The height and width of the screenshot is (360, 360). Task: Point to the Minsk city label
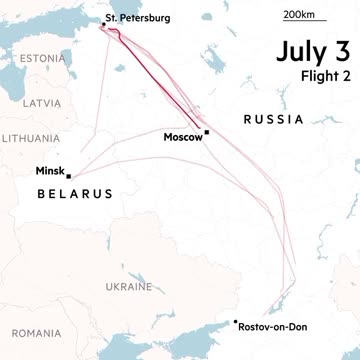pos(49,171)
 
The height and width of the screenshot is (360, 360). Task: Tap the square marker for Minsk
pos(69,177)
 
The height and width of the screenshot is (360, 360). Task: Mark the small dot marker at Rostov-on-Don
pos(235,321)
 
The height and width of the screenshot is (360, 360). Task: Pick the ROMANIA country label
pos(37,332)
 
